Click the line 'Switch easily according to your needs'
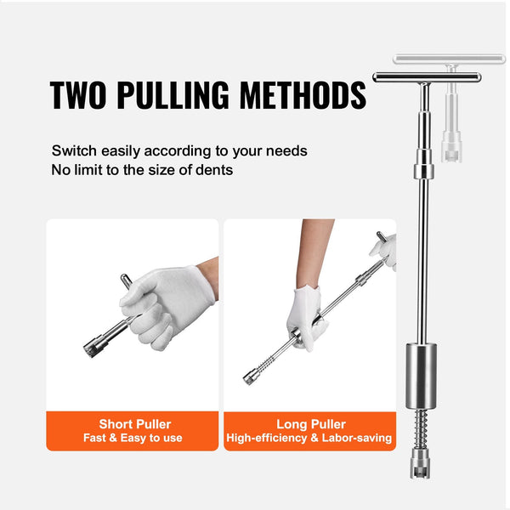tap(179, 150)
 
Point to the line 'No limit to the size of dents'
tap(142, 169)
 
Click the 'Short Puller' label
tap(134, 423)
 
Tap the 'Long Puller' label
tap(309, 423)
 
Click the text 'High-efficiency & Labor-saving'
tap(309, 439)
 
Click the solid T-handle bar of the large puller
tap(426, 77)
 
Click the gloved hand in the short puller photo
tap(161, 302)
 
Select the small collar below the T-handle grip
tap(422, 172)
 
